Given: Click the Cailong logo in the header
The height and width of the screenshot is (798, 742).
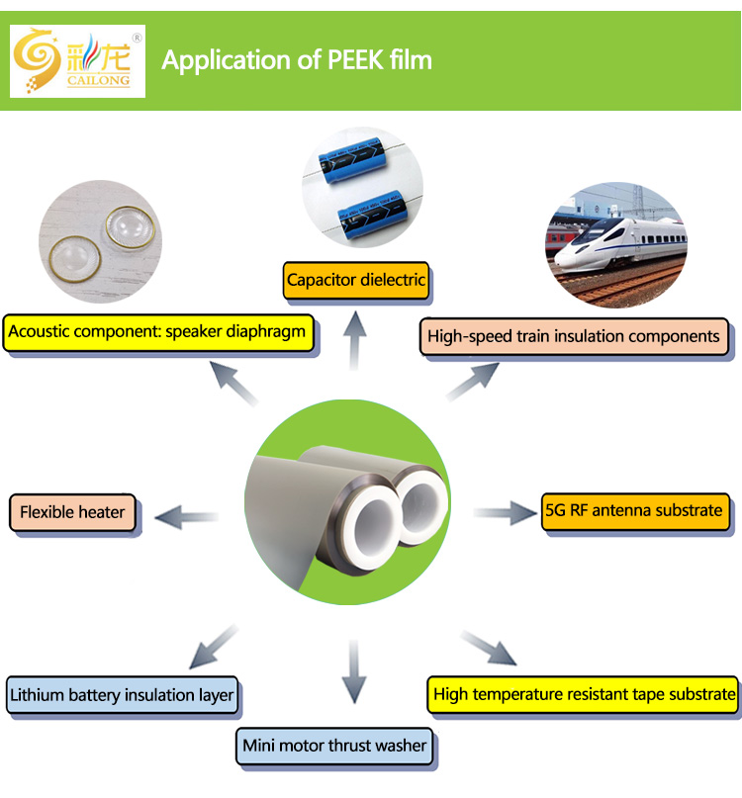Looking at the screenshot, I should tap(77, 60).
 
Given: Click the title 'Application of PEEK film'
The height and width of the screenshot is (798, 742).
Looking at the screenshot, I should tap(297, 60).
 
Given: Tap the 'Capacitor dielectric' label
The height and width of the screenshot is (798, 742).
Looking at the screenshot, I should tap(356, 280).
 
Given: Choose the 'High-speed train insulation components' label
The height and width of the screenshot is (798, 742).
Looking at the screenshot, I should tap(574, 336).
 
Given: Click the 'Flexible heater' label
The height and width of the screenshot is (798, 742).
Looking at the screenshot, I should tap(72, 512).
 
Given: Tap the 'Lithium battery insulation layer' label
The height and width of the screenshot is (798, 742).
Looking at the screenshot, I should tap(122, 695).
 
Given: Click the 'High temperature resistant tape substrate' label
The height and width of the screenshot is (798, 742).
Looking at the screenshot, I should tap(585, 694).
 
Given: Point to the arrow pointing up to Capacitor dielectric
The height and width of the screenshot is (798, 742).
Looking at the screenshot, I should tap(354, 341).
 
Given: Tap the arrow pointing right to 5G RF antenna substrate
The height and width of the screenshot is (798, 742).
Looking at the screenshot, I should tap(505, 513).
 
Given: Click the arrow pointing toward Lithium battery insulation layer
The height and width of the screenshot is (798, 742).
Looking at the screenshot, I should tap(213, 647).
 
